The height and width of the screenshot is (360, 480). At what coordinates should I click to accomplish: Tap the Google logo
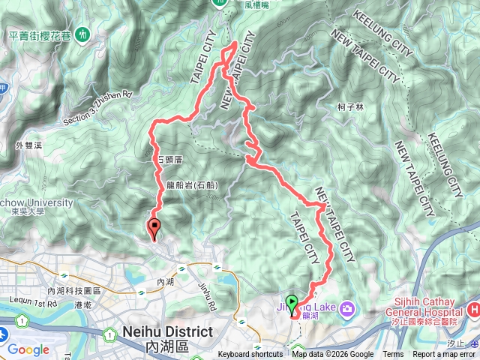(x=28, y=349)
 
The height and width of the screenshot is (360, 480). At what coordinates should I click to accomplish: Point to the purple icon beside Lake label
(x=346, y=307)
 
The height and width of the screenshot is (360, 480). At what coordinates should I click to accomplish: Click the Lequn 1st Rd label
(x=31, y=304)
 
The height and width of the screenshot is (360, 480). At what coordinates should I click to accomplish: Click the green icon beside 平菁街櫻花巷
(x=88, y=34)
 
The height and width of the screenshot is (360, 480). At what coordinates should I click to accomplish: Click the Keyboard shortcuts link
(x=250, y=355)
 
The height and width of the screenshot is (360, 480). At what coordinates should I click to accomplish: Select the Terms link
(x=393, y=355)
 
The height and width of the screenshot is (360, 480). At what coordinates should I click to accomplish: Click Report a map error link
(x=444, y=355)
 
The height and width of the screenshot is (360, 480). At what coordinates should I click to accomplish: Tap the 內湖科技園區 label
(x=73, y=290)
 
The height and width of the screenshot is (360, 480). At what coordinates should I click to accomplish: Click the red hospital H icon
(x=472, y=310)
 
